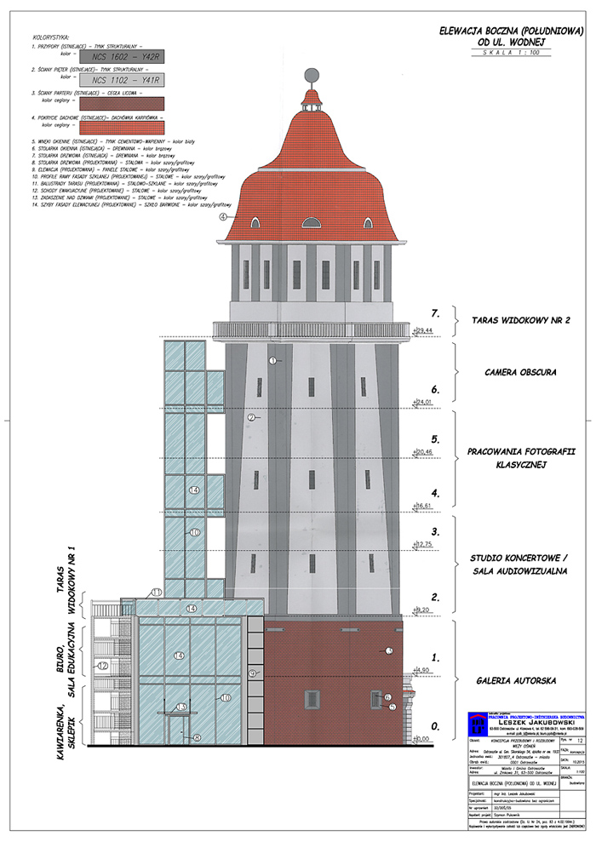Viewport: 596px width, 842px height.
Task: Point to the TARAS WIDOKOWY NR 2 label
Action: (x=521, y=320)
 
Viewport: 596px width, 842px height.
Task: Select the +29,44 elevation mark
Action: (x=423, y=329)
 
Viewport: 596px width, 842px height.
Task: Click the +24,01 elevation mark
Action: (x=423, y=401)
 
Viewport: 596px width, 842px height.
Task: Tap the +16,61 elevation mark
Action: (x=423, y=506)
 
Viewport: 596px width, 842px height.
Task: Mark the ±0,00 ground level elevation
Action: (x=423, y=738)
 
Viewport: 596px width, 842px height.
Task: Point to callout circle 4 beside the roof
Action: (x=224, y=217)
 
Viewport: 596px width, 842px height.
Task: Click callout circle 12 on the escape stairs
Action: (x=103, y=666)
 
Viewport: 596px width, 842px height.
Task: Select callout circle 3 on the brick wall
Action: (x=388, y=650)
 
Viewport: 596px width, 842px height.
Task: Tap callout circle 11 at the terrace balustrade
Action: (x=157, y=592)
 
